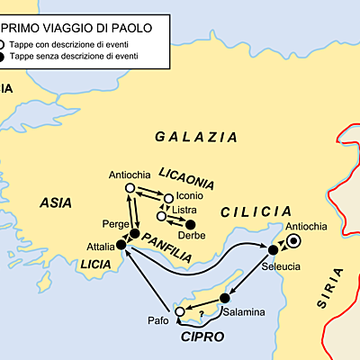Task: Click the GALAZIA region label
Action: click(196, 138)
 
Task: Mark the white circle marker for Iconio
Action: click(168, 198)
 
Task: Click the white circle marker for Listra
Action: click(161, 216)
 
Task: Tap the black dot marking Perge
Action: click(134, 235)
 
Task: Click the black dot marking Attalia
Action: click(121, 245)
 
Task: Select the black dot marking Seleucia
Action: click(272, 249)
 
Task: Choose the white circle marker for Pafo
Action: click(180, 311)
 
